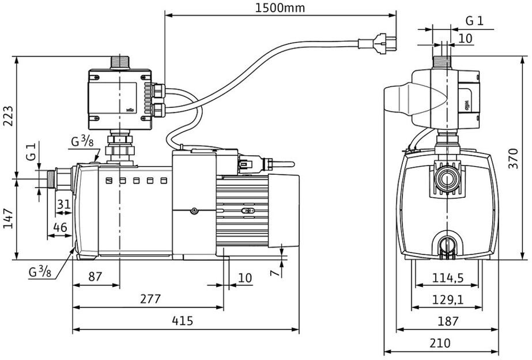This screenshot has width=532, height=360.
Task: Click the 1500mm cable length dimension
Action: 280,8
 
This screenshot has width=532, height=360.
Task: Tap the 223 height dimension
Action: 8,116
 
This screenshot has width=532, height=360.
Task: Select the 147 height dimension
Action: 8,219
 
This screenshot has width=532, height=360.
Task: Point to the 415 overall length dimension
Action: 183,321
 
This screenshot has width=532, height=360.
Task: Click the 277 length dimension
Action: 150,299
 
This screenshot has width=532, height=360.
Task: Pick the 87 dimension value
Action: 95,277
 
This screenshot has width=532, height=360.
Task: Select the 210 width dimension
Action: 440,343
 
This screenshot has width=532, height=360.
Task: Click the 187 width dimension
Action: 448,321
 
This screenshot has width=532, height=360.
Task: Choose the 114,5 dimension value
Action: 448,278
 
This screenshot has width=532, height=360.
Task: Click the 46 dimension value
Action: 61,227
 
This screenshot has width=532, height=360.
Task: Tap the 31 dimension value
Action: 64,204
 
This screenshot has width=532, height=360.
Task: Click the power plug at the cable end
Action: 384,43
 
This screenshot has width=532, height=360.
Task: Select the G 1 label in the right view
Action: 474,21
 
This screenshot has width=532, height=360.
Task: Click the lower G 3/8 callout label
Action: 40,272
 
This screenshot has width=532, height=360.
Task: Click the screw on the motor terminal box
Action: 194,211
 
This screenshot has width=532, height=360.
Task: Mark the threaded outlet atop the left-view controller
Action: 120,62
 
